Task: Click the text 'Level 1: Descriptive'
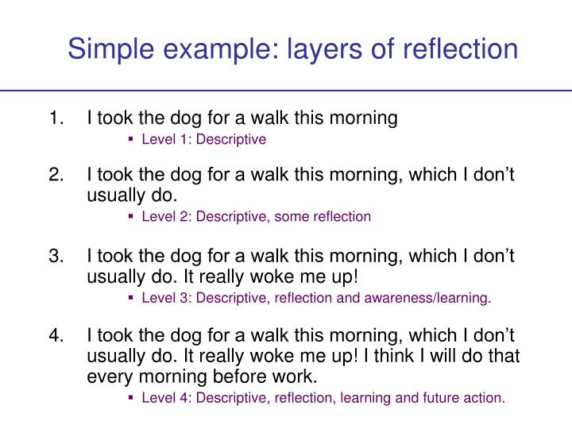(203, 140)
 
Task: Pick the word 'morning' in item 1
(364, 118)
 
